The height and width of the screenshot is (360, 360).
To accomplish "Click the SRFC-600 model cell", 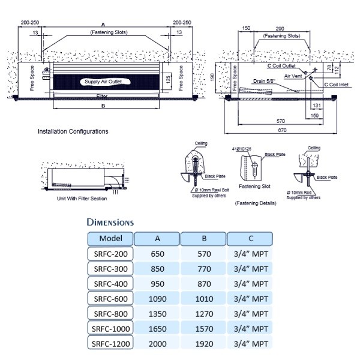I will [110, 298].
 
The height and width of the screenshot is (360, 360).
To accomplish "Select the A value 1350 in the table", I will [157, 313].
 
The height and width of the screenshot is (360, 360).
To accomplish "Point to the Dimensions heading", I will [110, 222].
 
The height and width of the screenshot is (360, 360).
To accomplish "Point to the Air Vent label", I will [293, 77].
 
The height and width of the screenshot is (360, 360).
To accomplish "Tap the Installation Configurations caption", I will [73, 131].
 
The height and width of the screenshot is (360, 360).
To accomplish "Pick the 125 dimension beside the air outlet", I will [169, 79].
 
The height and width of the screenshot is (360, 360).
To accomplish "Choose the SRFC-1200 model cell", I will [110, 344].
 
